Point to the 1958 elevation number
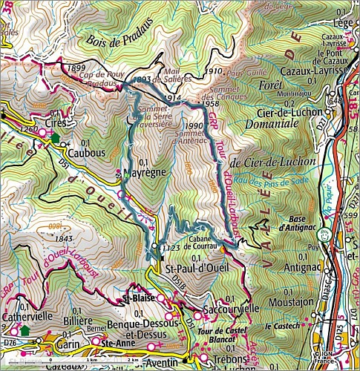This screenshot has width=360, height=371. tap(211, 102)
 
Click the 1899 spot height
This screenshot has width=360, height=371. tap(76, 68)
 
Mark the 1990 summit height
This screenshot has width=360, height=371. tap(194, 126)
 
